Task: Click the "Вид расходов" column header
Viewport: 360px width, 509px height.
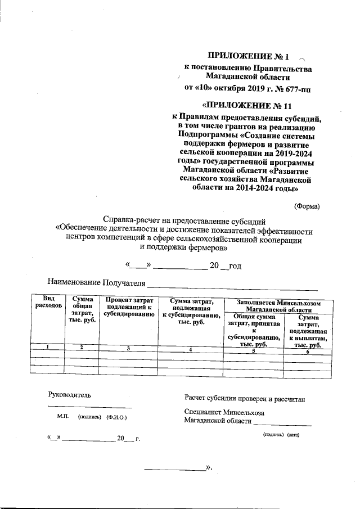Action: tap(47, 302)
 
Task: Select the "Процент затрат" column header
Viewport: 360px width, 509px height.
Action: tap(129, 307)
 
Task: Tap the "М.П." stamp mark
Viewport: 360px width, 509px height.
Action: tap(62, 418)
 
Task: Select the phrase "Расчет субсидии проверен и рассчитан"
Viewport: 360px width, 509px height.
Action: tap(244, 398)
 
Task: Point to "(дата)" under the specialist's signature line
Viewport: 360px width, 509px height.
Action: tap(294, 435)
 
